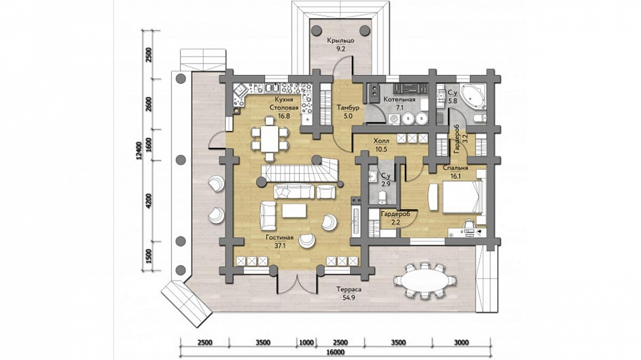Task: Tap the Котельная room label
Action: (399, 100)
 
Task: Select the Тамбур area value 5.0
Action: (348, 116)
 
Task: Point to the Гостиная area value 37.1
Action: (279, 245)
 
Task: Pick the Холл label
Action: (381, 141)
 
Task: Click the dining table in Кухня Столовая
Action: (270, 139)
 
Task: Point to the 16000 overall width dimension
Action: (336, 352)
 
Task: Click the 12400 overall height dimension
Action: (139, 151)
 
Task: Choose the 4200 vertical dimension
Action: (148, 201)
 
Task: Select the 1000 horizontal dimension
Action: (306, 343)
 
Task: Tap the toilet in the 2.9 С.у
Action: (382, 198)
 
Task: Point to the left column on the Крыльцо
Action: (317, 30)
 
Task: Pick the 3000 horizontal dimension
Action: (461, 343)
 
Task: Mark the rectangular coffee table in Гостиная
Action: (294, 210)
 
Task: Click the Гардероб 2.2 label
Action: (395, 217)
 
